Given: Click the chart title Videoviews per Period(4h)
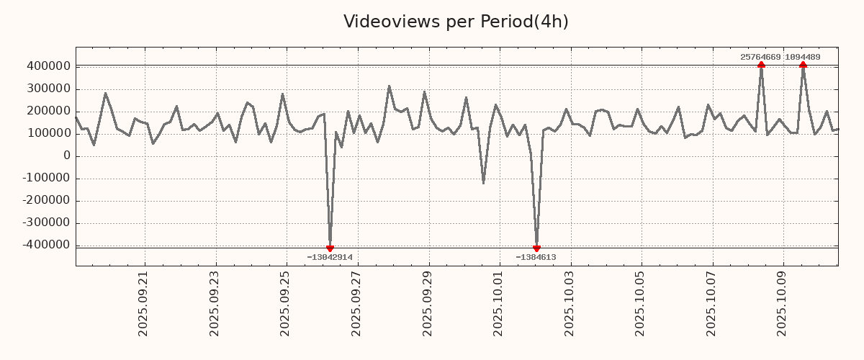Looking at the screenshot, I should (x=456, y=22).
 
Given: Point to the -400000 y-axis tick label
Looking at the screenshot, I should (x=45, y=245).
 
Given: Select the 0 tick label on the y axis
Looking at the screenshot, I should (x=67, y=156).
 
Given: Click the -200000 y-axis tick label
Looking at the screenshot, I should (x=45, y=200).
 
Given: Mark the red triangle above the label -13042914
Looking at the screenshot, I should (x=330, y=248).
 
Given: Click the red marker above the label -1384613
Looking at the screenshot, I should (x=536, y=248).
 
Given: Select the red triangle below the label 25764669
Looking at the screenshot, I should (x=761, y=65).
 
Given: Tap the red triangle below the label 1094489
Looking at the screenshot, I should (x=803, y=65).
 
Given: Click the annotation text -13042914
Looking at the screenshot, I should (x=330, y=257).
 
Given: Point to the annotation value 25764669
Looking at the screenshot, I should (x=760, y=57).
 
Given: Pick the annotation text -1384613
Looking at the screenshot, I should (x=536, y=257).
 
